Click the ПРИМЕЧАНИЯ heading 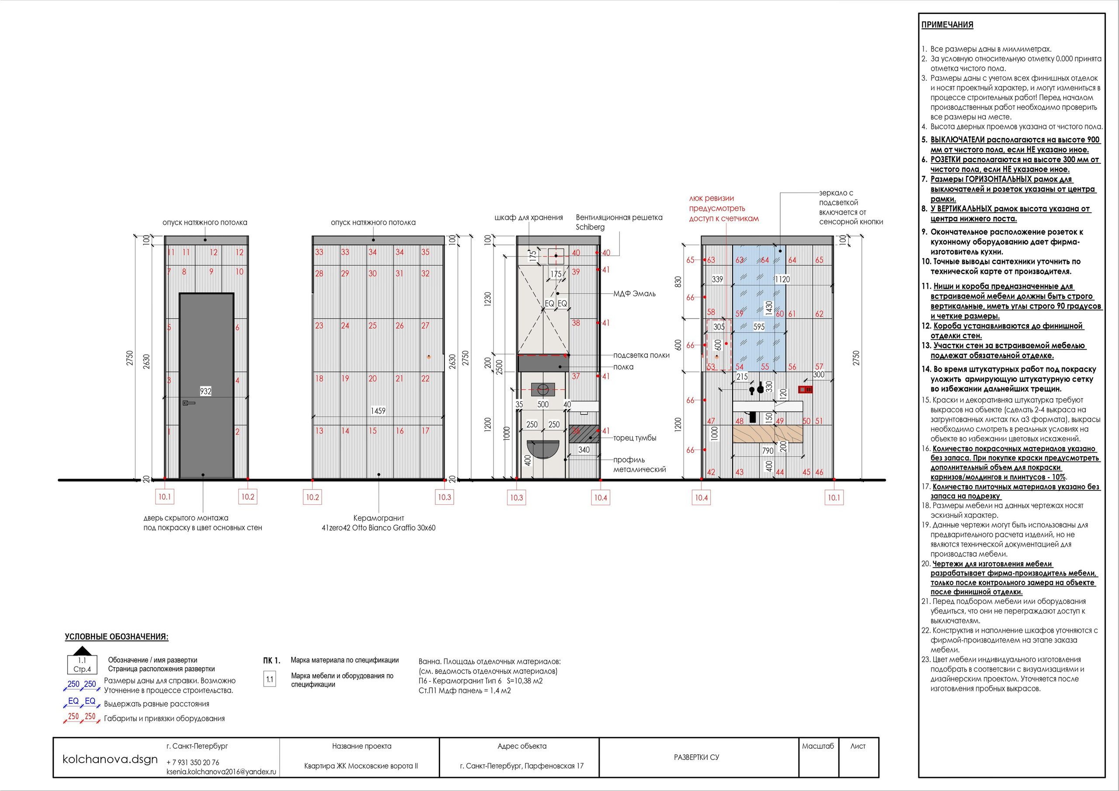tap(947, 25)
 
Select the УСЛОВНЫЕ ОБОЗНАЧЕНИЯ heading tap(116, 636)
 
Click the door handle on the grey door tap(188, 402)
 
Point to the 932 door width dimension tap(206, 391)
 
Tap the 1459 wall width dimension tap(378, 411)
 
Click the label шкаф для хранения tap(529, 217)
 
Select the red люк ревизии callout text tap(724, 208)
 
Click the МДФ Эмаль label tap(634, 293)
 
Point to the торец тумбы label tap(635, 437)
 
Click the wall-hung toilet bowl tap(542, 449)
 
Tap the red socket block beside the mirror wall tap(805, 389)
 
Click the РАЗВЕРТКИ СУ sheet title tap(696, 757)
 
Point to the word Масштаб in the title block tap(818, 746)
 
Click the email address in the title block tap(221, 771)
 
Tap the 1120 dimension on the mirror tap(782, 279)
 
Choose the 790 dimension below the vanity tap(768, 451)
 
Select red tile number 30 tap(372, 274)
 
